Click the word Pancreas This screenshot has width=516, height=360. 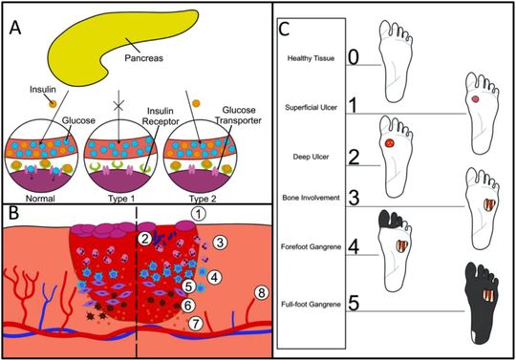point(143,58)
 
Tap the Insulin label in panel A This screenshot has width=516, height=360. point(43,90)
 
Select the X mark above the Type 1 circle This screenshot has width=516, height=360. point(118,106)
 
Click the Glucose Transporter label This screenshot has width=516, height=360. point(239,116)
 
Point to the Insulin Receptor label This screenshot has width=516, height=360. point(161,116)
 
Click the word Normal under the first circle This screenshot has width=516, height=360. point(40,199)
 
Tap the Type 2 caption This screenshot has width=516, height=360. point(203,199)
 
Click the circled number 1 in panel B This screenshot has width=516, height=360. point(198,214)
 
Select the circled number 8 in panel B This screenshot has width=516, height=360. point(261,292)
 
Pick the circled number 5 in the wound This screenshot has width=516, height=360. point(188,286)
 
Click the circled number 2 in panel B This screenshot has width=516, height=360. point(144,239)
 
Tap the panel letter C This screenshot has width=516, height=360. point(284,30)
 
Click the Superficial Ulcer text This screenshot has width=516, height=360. point(311,108)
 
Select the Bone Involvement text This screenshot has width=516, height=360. point(311,198)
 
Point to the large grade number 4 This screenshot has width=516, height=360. point(354,247)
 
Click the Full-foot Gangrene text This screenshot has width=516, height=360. point(311,305)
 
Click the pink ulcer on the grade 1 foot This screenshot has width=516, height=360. point(475,99)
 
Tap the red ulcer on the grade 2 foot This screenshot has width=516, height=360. point(389,143)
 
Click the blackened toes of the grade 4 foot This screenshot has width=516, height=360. point(391,220)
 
